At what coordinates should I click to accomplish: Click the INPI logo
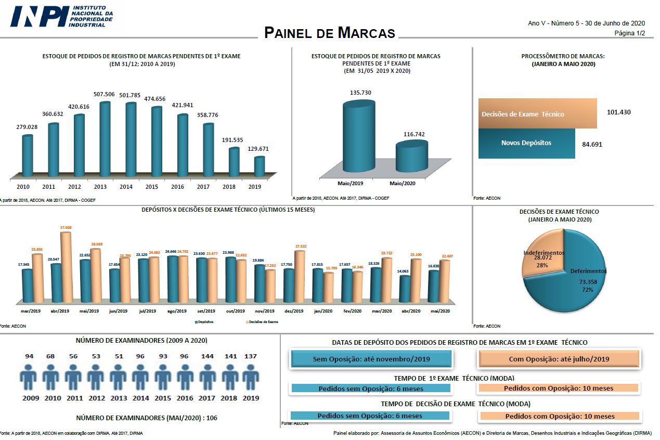point(61,17)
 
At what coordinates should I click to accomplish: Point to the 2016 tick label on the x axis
point(177,186)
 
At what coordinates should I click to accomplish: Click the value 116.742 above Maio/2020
point(414,134)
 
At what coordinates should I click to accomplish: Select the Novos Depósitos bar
point(526,143)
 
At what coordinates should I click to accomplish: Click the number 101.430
point(618,112)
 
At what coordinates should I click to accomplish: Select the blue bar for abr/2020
point(404,289)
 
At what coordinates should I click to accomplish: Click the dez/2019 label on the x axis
point(293,311)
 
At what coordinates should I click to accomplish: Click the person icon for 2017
point(207,377)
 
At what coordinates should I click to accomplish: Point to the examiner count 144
point(207,357)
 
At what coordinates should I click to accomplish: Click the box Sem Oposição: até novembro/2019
point(371,359)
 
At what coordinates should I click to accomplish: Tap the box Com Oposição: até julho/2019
point(559,359)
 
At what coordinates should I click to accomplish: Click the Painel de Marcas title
point(330,33)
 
